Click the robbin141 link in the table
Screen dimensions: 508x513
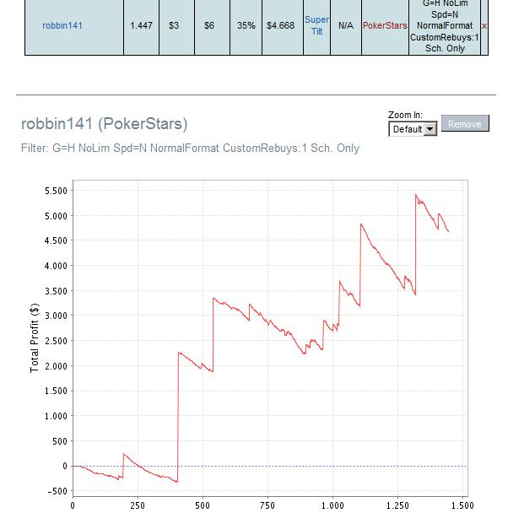[62, 25]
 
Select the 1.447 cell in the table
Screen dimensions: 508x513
[141, 25]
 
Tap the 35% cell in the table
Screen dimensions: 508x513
[246, 25]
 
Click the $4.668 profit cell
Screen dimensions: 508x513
[281, 25]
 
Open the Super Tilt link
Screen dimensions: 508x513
[316, 25]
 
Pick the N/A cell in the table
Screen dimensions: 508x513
[346, 25]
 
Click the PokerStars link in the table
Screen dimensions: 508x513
[385, 25]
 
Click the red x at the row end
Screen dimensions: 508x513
[484, 26]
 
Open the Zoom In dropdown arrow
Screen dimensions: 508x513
[430, 129]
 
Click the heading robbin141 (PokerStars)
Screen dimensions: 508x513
[105, 124]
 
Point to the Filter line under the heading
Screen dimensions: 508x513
[190, 148]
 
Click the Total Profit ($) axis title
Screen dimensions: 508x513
[35, 338]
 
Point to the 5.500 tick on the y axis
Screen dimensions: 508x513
[56, 191]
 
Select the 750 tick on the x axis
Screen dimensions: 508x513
[268, 505]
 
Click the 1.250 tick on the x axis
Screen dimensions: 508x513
[397, 505]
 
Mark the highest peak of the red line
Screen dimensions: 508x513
[416, 195]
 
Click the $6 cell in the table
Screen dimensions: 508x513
[209, 25]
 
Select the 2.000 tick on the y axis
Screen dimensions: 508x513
[56, 366]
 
